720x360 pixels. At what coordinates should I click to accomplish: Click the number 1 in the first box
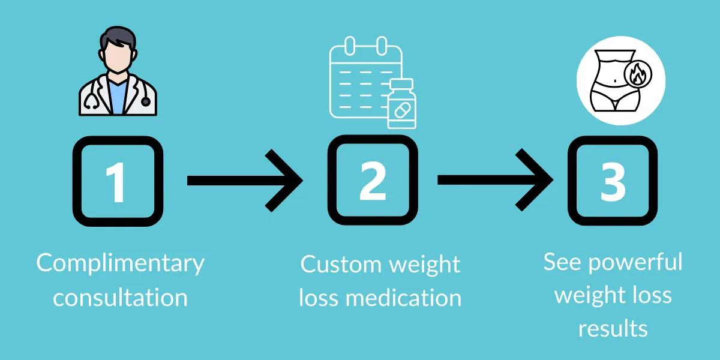117,181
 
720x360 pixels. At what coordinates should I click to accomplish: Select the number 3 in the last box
613,181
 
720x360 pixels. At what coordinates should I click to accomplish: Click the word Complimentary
120,264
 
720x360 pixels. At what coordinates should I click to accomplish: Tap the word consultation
120,297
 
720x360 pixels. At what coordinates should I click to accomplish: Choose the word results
613,328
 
